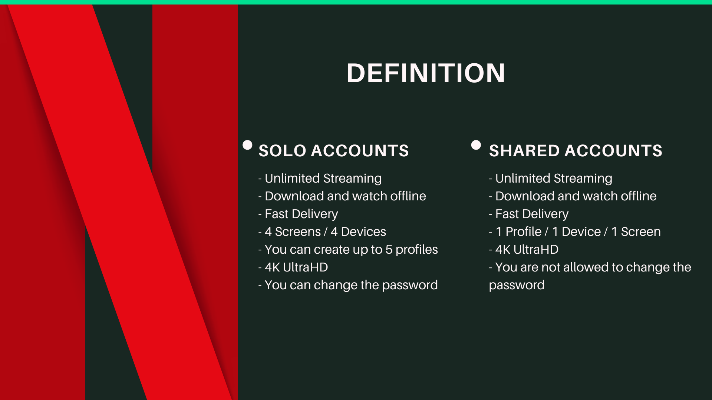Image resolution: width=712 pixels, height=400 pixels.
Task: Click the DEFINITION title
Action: (426, 73)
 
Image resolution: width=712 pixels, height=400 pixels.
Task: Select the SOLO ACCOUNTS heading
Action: (334, 151)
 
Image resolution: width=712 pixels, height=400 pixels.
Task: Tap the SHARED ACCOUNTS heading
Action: (576, 151)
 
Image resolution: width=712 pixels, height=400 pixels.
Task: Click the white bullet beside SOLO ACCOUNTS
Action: (247, 145)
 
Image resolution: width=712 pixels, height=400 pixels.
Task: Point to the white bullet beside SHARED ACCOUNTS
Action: (476, 145)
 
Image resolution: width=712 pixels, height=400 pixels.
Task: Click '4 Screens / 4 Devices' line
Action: (322, 231)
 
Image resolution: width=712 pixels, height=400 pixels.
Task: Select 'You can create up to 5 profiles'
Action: (348, 250)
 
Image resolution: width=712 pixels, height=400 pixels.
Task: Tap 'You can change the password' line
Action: (348, 285)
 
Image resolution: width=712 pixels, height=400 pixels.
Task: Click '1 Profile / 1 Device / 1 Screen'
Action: (575, 231)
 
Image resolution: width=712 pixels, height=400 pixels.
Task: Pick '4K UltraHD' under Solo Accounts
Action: (293, 267)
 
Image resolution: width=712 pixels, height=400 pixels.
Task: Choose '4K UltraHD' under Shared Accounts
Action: (524, 249)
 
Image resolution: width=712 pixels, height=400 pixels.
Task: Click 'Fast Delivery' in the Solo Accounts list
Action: (299, 214)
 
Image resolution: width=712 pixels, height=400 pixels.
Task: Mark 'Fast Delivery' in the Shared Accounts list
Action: (529, 214)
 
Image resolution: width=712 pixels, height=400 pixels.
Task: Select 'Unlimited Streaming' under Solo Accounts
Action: (320, 179)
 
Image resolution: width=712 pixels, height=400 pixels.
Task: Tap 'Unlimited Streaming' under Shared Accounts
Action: (551, 179)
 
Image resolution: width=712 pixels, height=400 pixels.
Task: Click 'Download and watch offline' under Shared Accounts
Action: (573, 196)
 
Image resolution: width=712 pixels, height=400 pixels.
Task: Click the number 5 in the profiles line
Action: (389, 250)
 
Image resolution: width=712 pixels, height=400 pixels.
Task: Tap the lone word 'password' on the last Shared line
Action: (517, 286)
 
